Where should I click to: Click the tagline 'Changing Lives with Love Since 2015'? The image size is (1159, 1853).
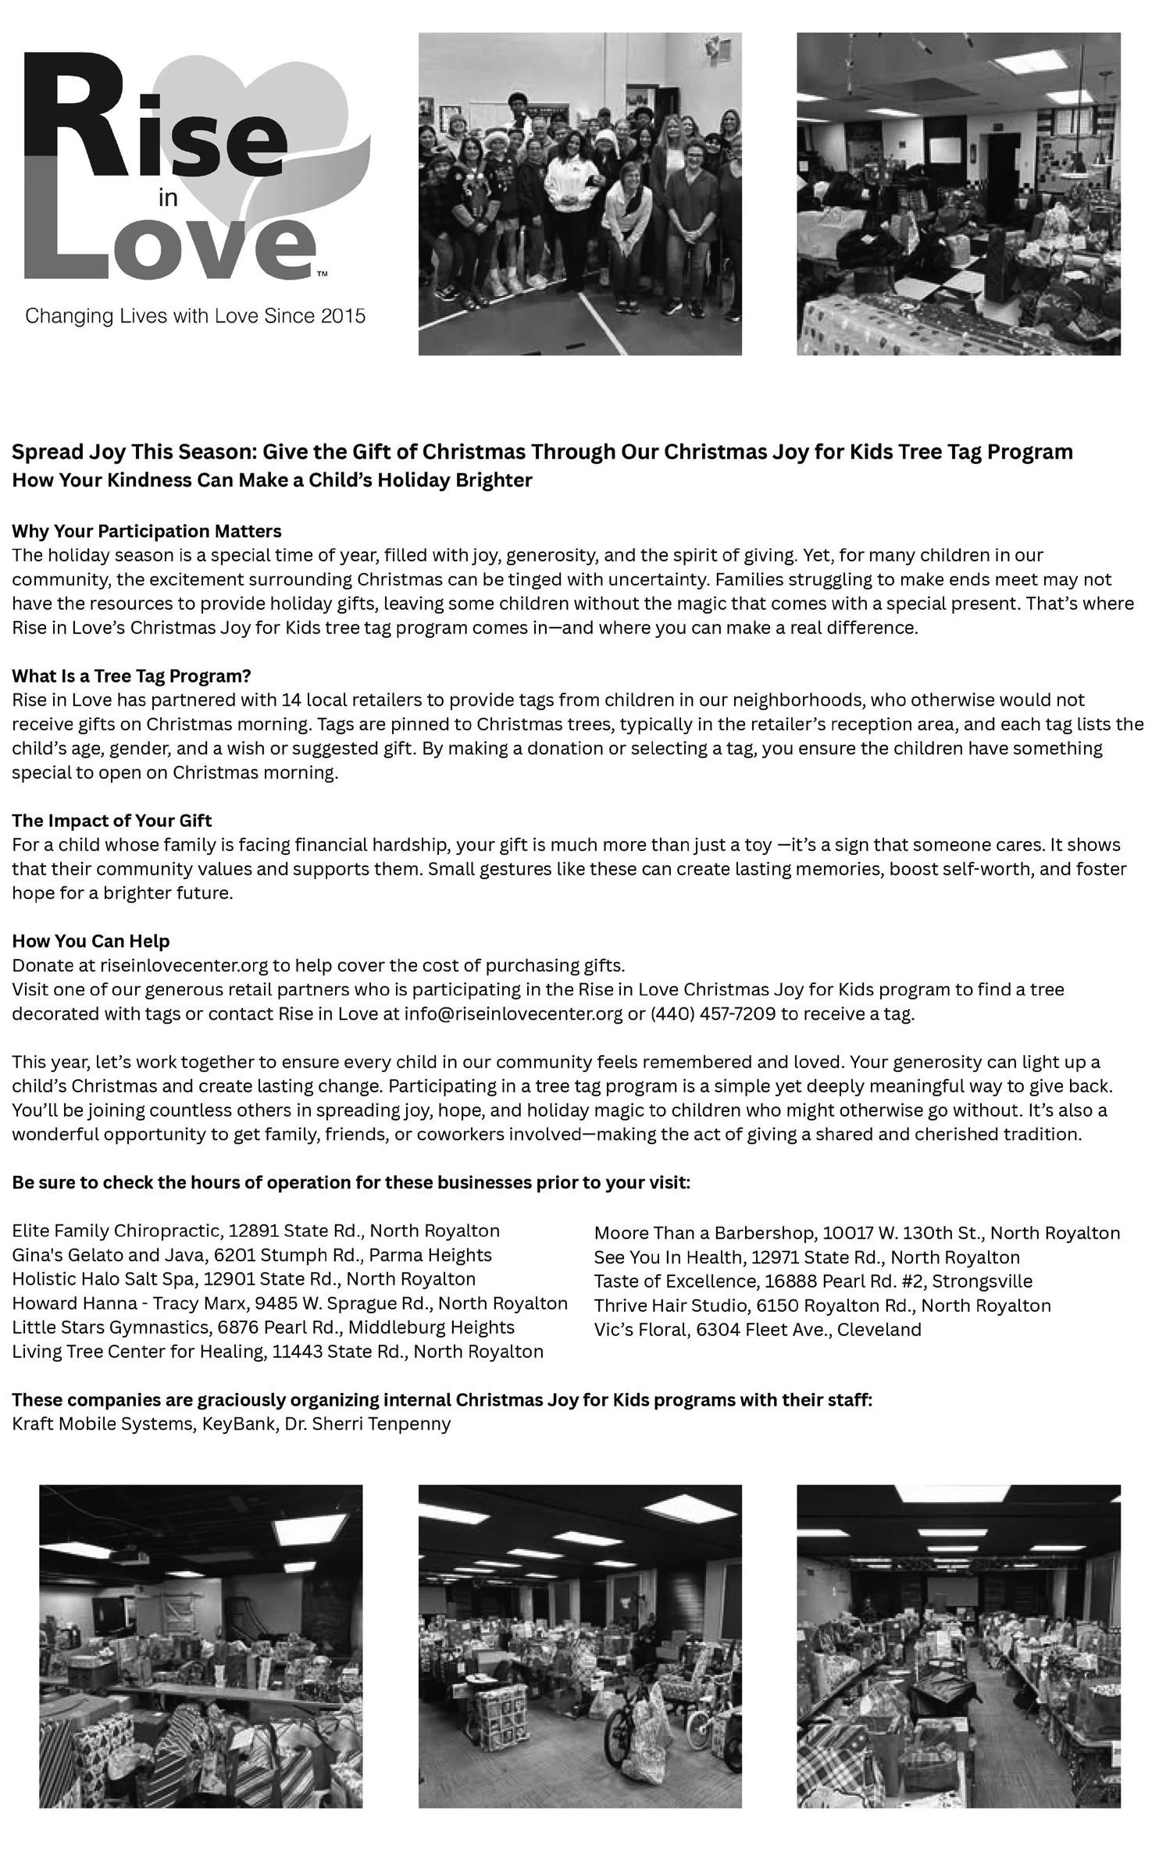click(195, 316)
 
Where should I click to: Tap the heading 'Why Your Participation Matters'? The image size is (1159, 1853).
click(147, 531)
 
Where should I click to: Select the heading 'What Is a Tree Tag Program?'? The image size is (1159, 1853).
click(131, 675)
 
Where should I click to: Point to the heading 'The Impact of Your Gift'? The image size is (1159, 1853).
click(112, 821)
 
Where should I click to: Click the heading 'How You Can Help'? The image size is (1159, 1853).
click(91, 941)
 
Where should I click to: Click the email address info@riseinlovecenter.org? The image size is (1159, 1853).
click(513, 1014)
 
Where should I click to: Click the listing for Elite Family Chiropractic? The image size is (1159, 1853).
click(255, 1231)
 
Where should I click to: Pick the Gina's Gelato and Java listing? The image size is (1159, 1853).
click(251, 1256)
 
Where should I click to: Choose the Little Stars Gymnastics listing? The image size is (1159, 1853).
click(263, 1327)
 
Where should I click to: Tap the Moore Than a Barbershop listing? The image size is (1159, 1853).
click(857, 1233)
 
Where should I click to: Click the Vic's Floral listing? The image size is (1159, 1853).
click(758, 1330)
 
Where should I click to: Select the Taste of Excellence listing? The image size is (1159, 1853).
click(813, 1281)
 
